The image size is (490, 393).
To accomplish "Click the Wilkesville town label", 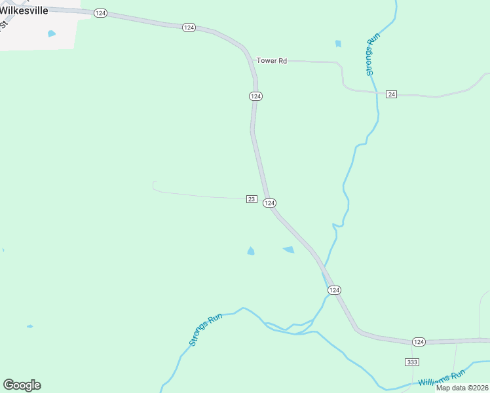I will [x=25, y=10].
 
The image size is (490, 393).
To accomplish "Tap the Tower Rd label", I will [x=271, y=61].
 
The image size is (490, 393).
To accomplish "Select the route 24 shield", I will [x=391, y=94].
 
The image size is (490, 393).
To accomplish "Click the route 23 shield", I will [x=252, y=199].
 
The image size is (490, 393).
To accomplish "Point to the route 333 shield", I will [x=412, y=362].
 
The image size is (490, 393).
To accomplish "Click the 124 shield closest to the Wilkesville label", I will [x=100, y=13].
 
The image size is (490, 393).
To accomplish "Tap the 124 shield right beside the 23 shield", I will [x=269, y=203].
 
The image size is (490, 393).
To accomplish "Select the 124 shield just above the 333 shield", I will [x=419, y=342].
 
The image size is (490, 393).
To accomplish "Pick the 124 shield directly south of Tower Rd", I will [x=255, y=96].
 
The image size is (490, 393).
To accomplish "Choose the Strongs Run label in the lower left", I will [x=206, y=329].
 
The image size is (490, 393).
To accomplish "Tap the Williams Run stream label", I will [x=441, y=378].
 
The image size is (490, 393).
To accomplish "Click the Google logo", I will [x=22, y=385].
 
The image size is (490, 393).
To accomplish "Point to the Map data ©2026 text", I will [x=462, y=388].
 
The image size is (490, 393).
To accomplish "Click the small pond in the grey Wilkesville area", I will [x=51, y=33].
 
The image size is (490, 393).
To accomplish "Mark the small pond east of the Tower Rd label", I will [x=338, y=44].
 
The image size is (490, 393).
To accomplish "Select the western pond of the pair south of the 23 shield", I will [x=250, y=251].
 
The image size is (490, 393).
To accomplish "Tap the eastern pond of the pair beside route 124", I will [x=288, y=250].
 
